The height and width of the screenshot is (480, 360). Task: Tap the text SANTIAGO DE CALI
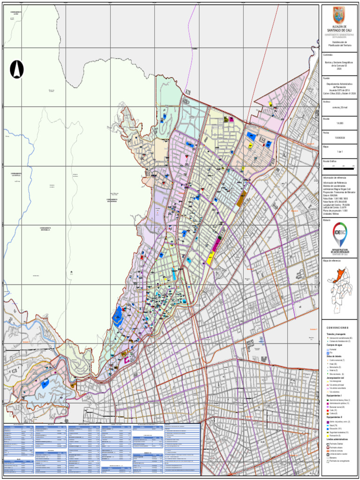click(x=338, y=30)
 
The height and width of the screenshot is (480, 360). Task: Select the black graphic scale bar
click(x=338, y=166)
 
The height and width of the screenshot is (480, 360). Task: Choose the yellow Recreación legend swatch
click(x=328, y=435)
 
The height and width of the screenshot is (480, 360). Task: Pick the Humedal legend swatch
click(x=328, y=350)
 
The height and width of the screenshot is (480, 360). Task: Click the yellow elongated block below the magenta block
click(x=210, y=258)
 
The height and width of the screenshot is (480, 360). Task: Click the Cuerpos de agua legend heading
click(x=336, y=345)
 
